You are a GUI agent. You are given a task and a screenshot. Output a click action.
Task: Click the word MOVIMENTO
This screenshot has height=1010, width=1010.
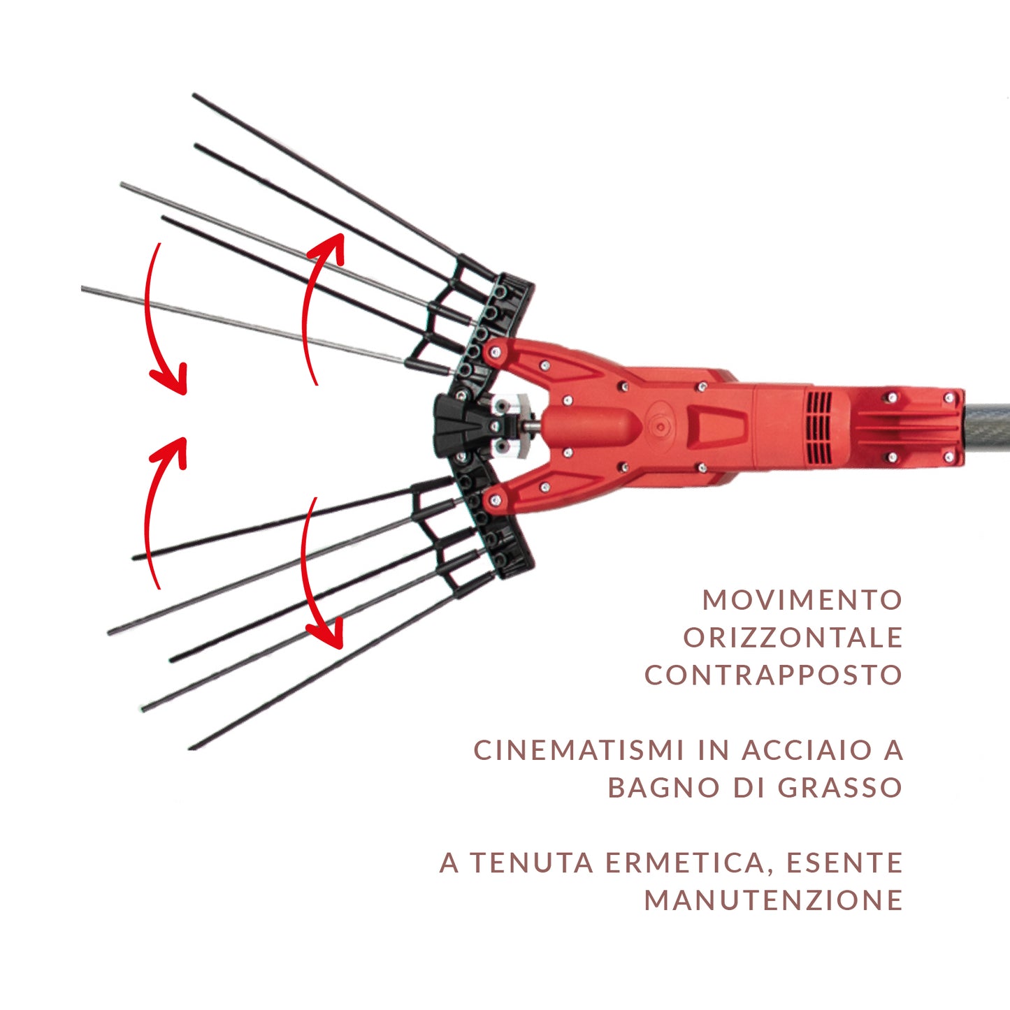point(802,600)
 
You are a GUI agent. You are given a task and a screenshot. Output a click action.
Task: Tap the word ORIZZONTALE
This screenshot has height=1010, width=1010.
point(793,638)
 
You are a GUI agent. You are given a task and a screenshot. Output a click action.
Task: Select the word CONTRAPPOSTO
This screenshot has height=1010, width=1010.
point(773,675)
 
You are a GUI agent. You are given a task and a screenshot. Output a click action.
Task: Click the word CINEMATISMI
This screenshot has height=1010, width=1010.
point(578,750)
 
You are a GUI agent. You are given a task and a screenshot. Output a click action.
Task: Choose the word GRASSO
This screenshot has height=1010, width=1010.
point(840,788)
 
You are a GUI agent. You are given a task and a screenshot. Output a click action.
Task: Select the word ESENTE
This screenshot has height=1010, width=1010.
point(844,863)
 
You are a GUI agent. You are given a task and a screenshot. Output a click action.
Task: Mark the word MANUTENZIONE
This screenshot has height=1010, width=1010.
point(773,900)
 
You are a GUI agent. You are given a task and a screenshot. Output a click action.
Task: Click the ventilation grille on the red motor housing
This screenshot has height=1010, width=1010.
point(820,427)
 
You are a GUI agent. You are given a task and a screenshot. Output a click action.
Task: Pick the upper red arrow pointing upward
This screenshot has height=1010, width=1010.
point(318,307)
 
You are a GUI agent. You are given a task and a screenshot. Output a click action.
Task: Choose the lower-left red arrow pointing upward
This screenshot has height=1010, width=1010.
point(159,511)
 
